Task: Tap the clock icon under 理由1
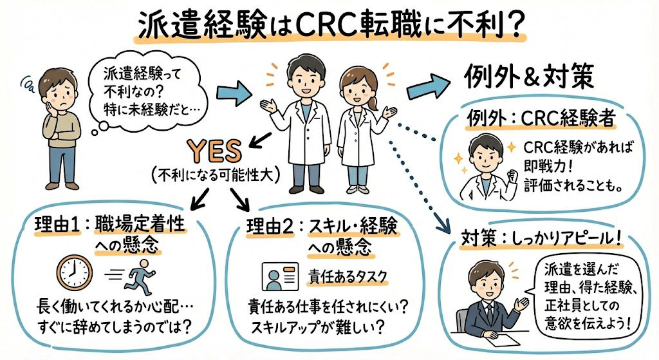click(72, 272)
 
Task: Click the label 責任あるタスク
click(348, 275)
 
